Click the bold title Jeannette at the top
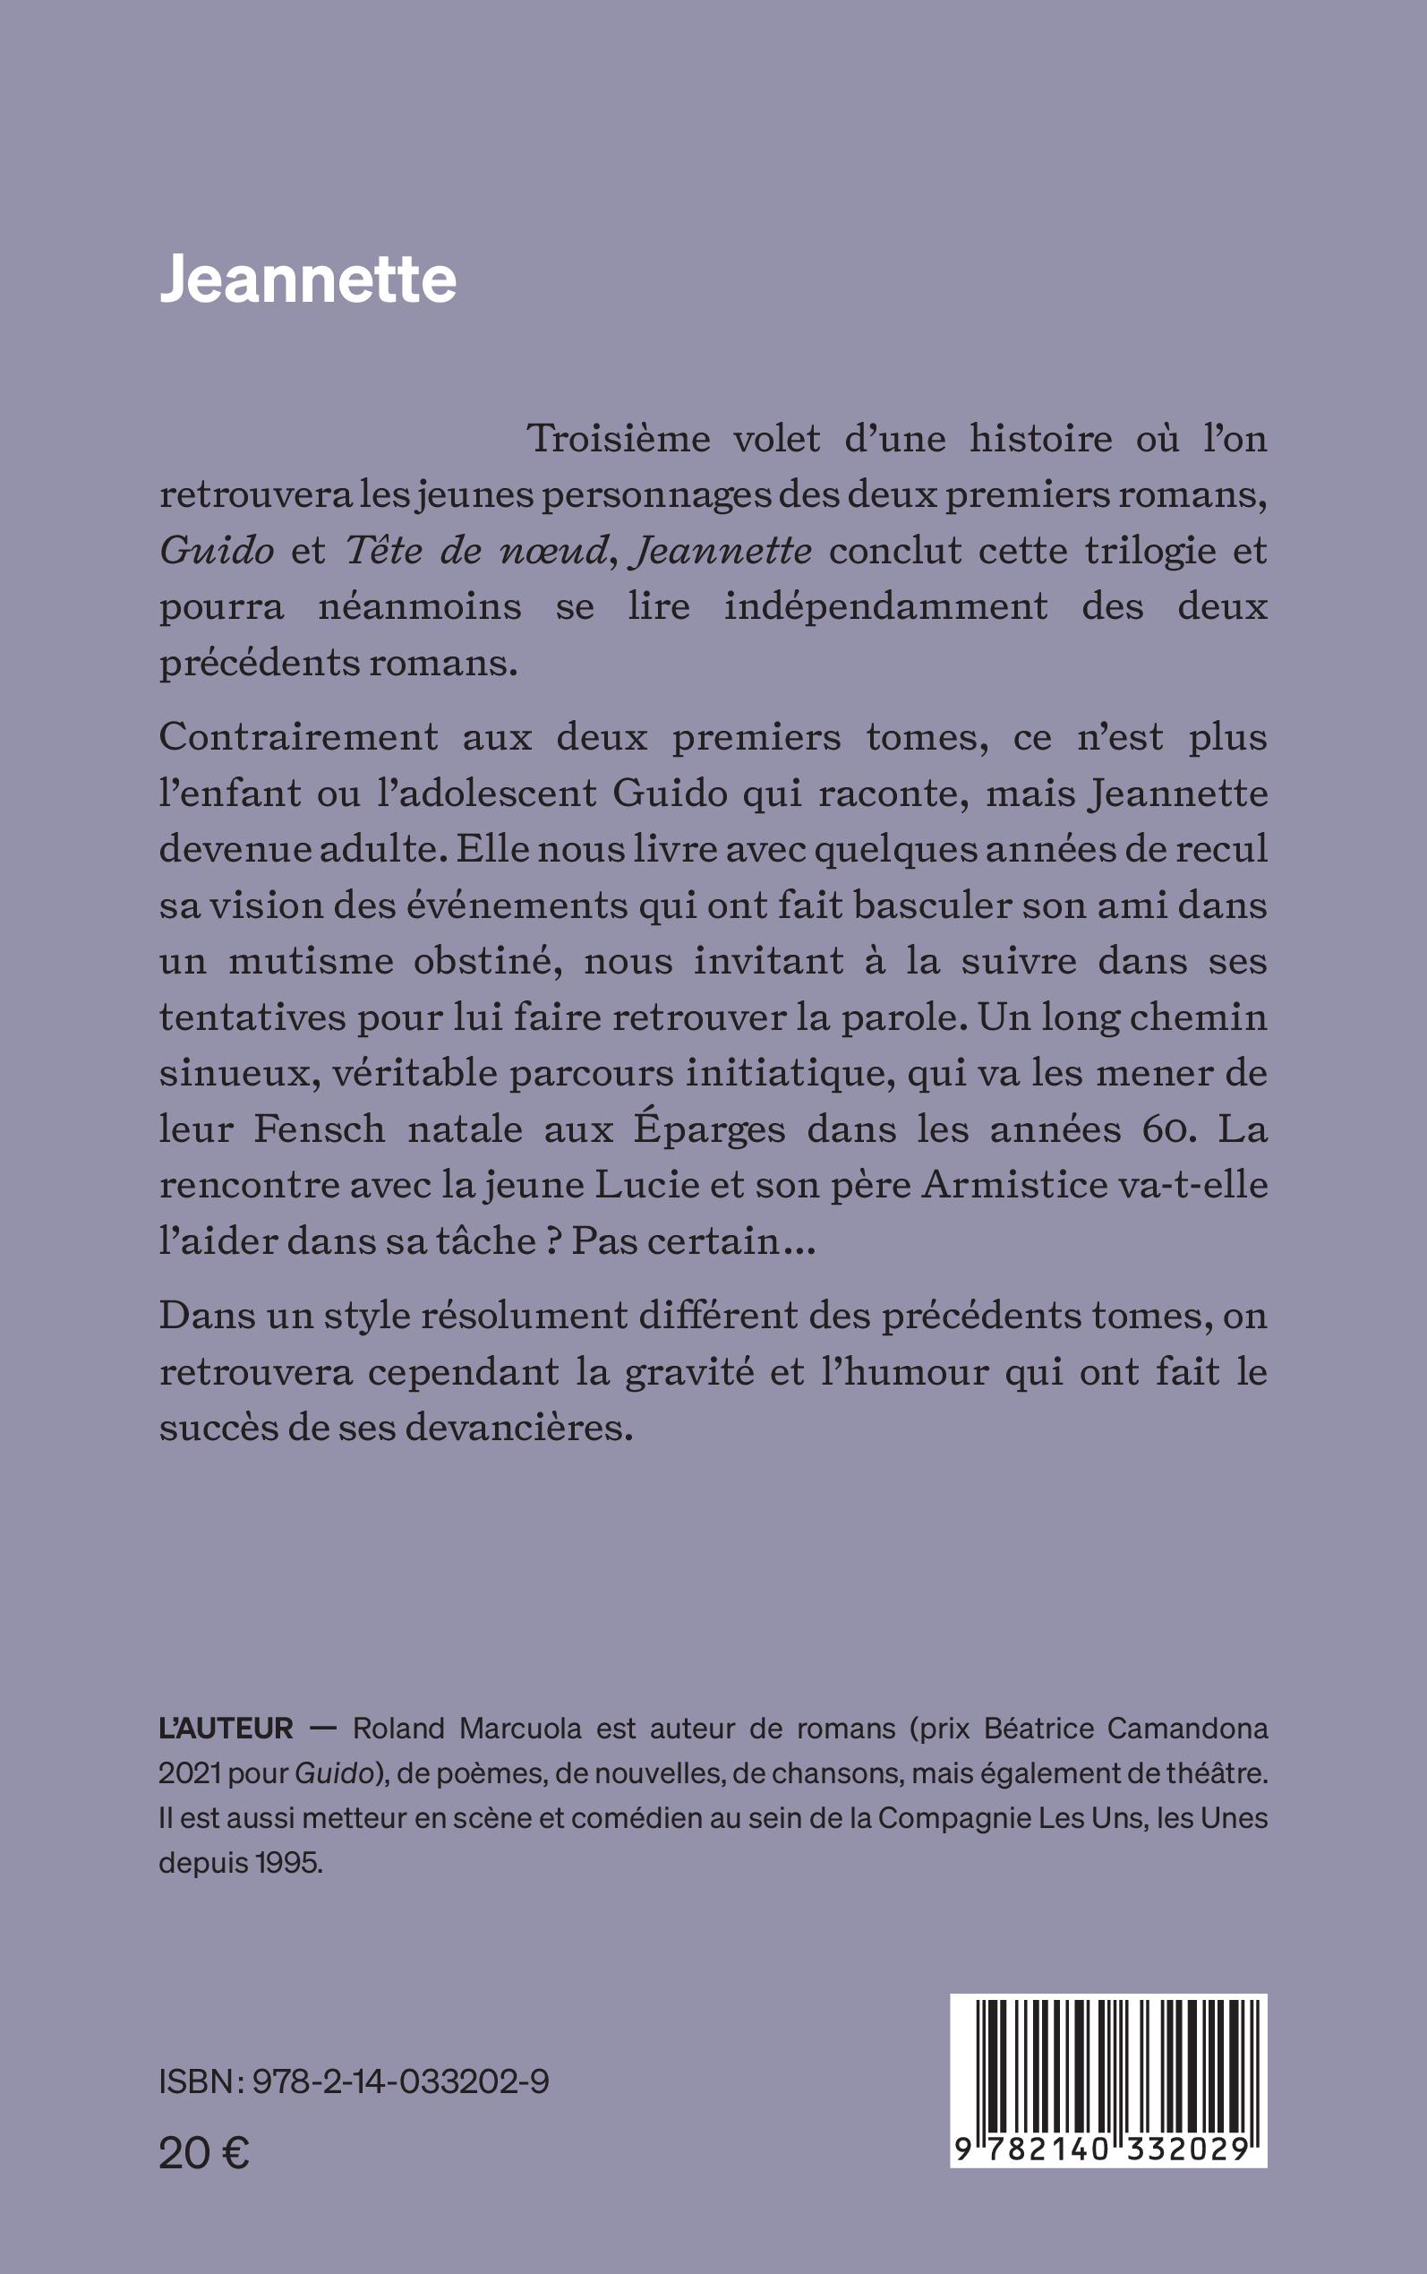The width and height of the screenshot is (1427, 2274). coord(308,279)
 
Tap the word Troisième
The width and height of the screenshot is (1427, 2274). coord(619,439)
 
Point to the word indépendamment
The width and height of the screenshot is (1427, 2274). coord(885,606)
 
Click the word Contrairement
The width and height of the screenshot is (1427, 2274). coord(298,737)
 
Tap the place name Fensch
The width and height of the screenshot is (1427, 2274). coord(319,1129)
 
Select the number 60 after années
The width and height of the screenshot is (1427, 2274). coord(1165,1130)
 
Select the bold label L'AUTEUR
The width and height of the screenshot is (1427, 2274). coord(226,1729)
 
